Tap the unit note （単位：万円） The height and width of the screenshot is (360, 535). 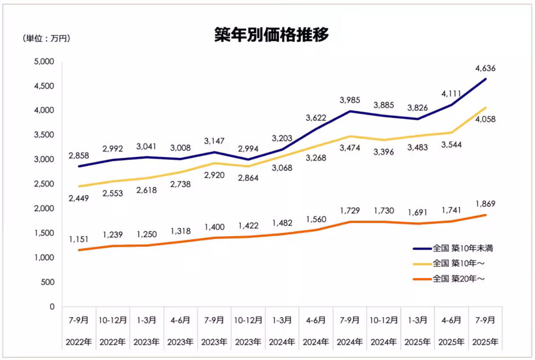tap(46, 39)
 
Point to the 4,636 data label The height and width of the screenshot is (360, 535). tap(486, 69)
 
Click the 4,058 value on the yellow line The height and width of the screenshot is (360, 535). tap(486, 119)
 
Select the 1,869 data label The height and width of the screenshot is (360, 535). tap(486, 204)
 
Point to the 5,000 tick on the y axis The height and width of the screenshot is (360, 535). tap(44, 61)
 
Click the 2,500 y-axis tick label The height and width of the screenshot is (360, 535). tap(44, 184)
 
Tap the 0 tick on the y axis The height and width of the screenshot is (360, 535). tap(51, 307)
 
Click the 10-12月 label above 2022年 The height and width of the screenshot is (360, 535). tap(113, 320)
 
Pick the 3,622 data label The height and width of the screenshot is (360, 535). tap(316, 118)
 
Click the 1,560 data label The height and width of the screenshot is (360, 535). tap(316, 219)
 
